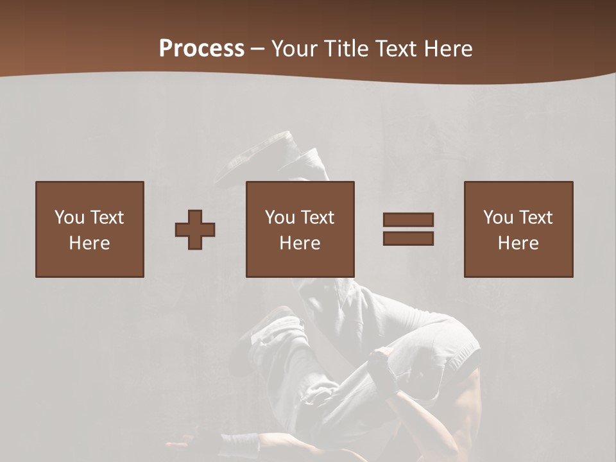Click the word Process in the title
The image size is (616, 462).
201,49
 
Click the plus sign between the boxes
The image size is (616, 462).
195,230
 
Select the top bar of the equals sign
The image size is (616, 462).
408,219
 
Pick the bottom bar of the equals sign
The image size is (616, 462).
408,239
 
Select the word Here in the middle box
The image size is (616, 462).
300,243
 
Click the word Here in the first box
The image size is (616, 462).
90,243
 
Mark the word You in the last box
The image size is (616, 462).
498,218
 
